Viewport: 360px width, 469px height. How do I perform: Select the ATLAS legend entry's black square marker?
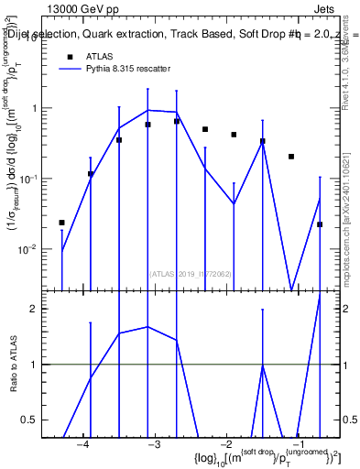pos(70,57)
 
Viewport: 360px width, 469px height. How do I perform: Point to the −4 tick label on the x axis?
pos(83,444)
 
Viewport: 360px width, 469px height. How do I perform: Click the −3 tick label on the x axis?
pos(156,444)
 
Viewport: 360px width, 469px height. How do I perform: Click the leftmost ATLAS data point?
pos(62,223)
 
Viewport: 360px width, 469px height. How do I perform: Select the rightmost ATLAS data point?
pos(320,224)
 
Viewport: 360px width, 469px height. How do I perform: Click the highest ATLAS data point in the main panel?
pos(177,121)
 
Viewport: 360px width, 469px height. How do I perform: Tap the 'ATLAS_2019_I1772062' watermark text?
pos(190,272)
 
